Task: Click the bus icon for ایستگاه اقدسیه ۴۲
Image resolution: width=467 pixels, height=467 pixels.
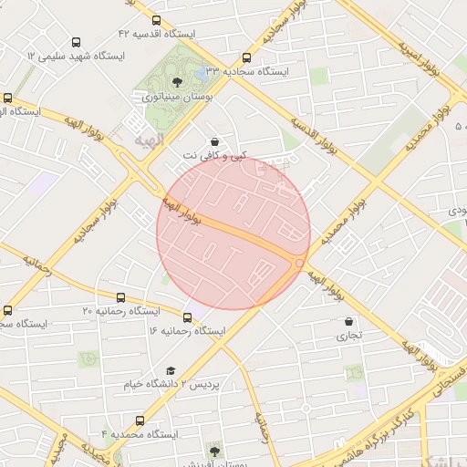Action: click(156, 20)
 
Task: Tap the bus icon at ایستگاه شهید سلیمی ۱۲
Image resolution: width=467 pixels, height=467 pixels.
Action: click(75, 42)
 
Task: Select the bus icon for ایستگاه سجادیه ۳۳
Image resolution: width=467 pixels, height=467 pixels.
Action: click(246, 57)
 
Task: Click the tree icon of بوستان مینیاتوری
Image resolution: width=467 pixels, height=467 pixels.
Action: click(177, 83)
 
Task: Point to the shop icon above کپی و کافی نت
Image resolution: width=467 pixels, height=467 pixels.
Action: click(214, 142)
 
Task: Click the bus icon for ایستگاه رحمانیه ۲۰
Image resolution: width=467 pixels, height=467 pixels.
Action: click(121, 296)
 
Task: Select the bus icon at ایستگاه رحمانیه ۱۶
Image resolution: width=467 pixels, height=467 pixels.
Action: click(187, 317)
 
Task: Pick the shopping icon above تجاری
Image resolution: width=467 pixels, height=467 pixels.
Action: click(349, 321)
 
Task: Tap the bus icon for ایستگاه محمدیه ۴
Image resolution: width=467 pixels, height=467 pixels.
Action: click(140, 420)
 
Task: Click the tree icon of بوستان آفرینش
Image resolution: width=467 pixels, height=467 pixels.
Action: click(214, 450)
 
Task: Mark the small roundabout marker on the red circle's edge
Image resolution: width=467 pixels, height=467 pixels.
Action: click(300, 263)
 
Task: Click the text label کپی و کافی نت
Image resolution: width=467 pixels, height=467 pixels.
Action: click(214, 156)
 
